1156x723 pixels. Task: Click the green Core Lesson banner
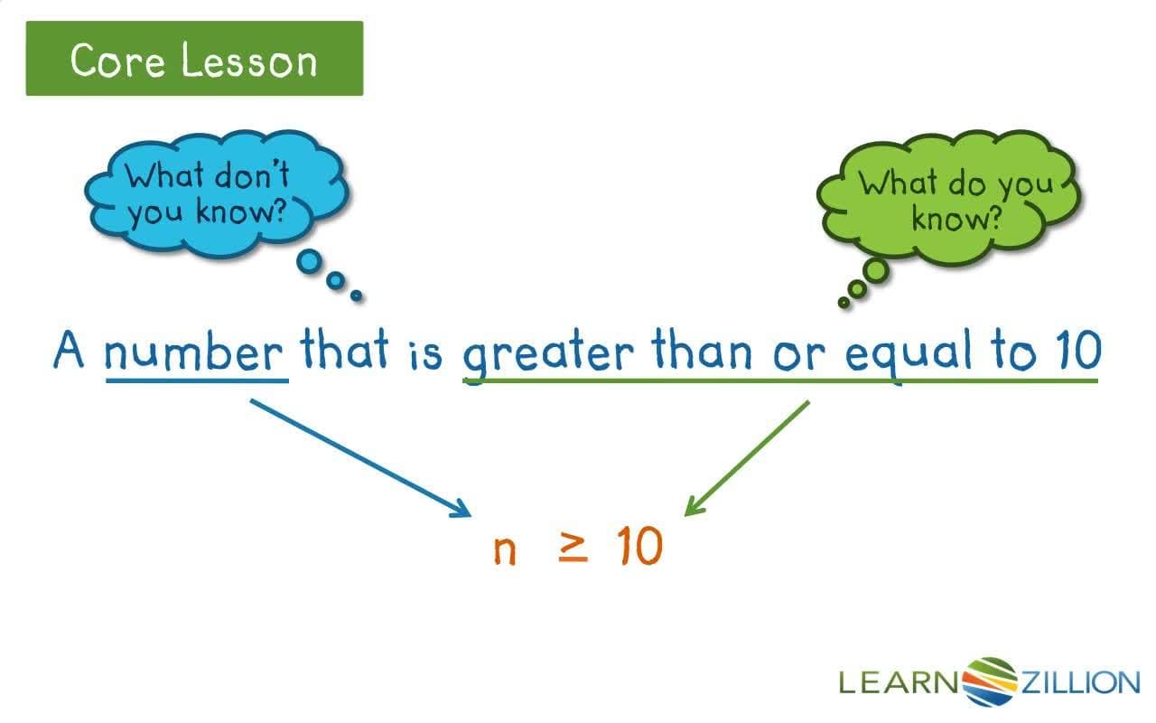(194, 59)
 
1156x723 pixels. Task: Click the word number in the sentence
(196, 353)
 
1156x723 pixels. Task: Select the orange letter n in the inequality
(505, 549)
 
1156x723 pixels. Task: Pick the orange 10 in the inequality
(639, 546)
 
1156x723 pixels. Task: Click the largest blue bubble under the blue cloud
(310, 262)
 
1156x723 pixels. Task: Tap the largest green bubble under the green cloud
(874, 270)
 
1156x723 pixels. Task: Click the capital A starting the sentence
(69, 351)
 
